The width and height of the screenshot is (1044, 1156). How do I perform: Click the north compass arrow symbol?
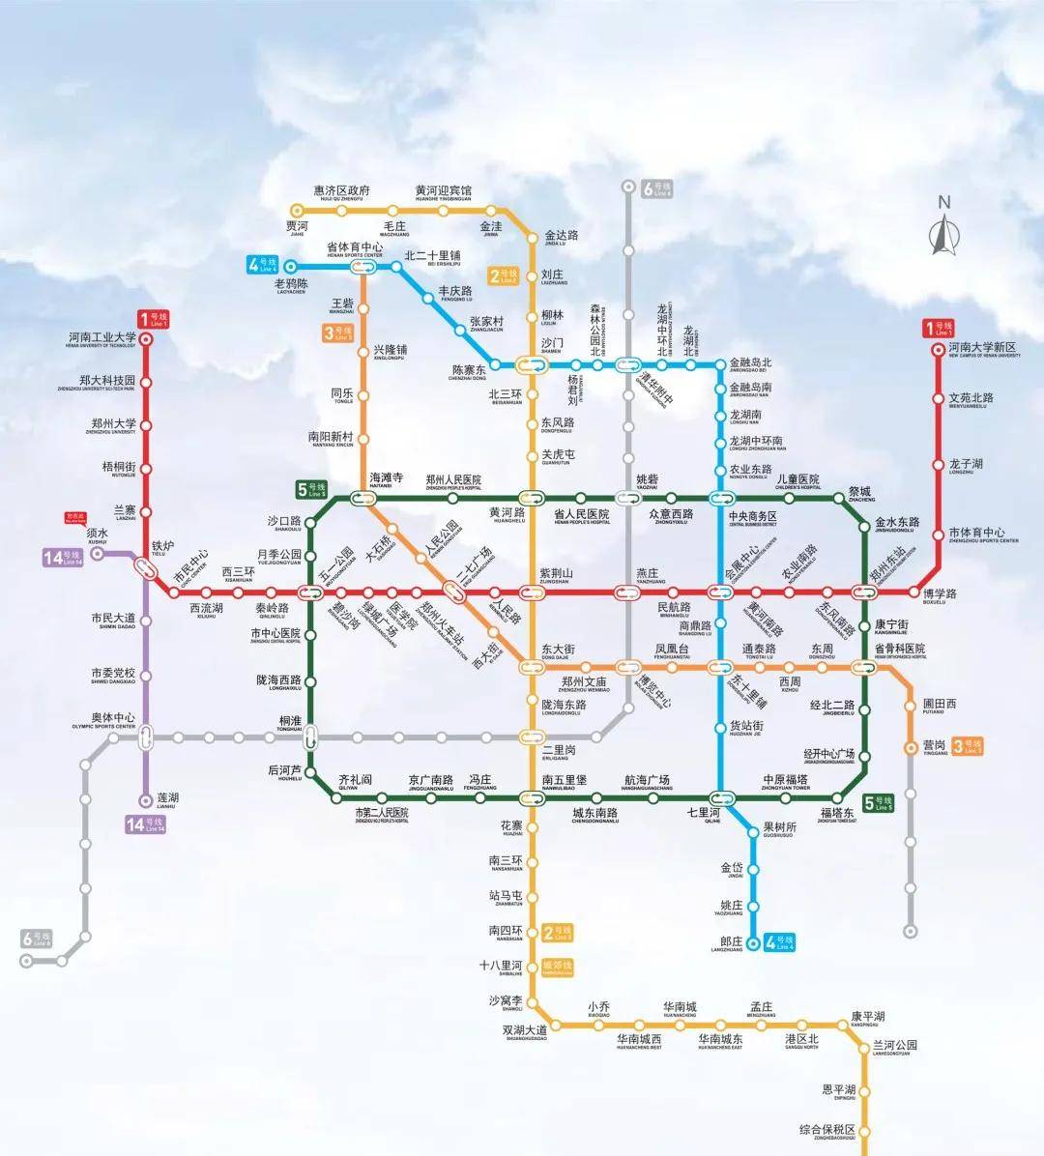click(x=942, y=233)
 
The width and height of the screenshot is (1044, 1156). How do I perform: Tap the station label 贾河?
click(x=296, y=227)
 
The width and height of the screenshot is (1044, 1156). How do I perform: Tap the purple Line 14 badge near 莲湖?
click(x=146, y=824)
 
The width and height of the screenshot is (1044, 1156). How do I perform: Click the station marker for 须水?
click(x=98, y=554)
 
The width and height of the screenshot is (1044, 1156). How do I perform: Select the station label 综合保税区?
click(x=827, y=1130)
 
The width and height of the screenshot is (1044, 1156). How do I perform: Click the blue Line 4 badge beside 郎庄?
click(x=779, y=941)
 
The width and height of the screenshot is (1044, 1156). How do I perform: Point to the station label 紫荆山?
click(x=556, y=574)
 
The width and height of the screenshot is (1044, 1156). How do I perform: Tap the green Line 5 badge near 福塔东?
click(x=879, y=802)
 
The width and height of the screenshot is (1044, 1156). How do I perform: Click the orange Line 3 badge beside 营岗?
click(x=967, y=746)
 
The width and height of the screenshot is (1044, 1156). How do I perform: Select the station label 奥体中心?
click(x=112, y=718)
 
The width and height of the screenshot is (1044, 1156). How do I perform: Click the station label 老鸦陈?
click(x=290, y=284)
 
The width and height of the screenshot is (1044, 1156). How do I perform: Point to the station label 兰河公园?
click(x=894, y=1046)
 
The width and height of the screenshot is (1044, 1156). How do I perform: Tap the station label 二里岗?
click(x=558, y=750)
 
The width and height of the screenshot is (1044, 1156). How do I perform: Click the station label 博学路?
click(x=939, y=593)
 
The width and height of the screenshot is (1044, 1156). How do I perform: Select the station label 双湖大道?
click(x=524, y=1030)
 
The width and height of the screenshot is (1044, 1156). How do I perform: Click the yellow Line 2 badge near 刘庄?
click(x=504, y=276)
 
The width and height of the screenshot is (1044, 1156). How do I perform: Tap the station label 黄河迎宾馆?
click(x=444, y=191)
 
